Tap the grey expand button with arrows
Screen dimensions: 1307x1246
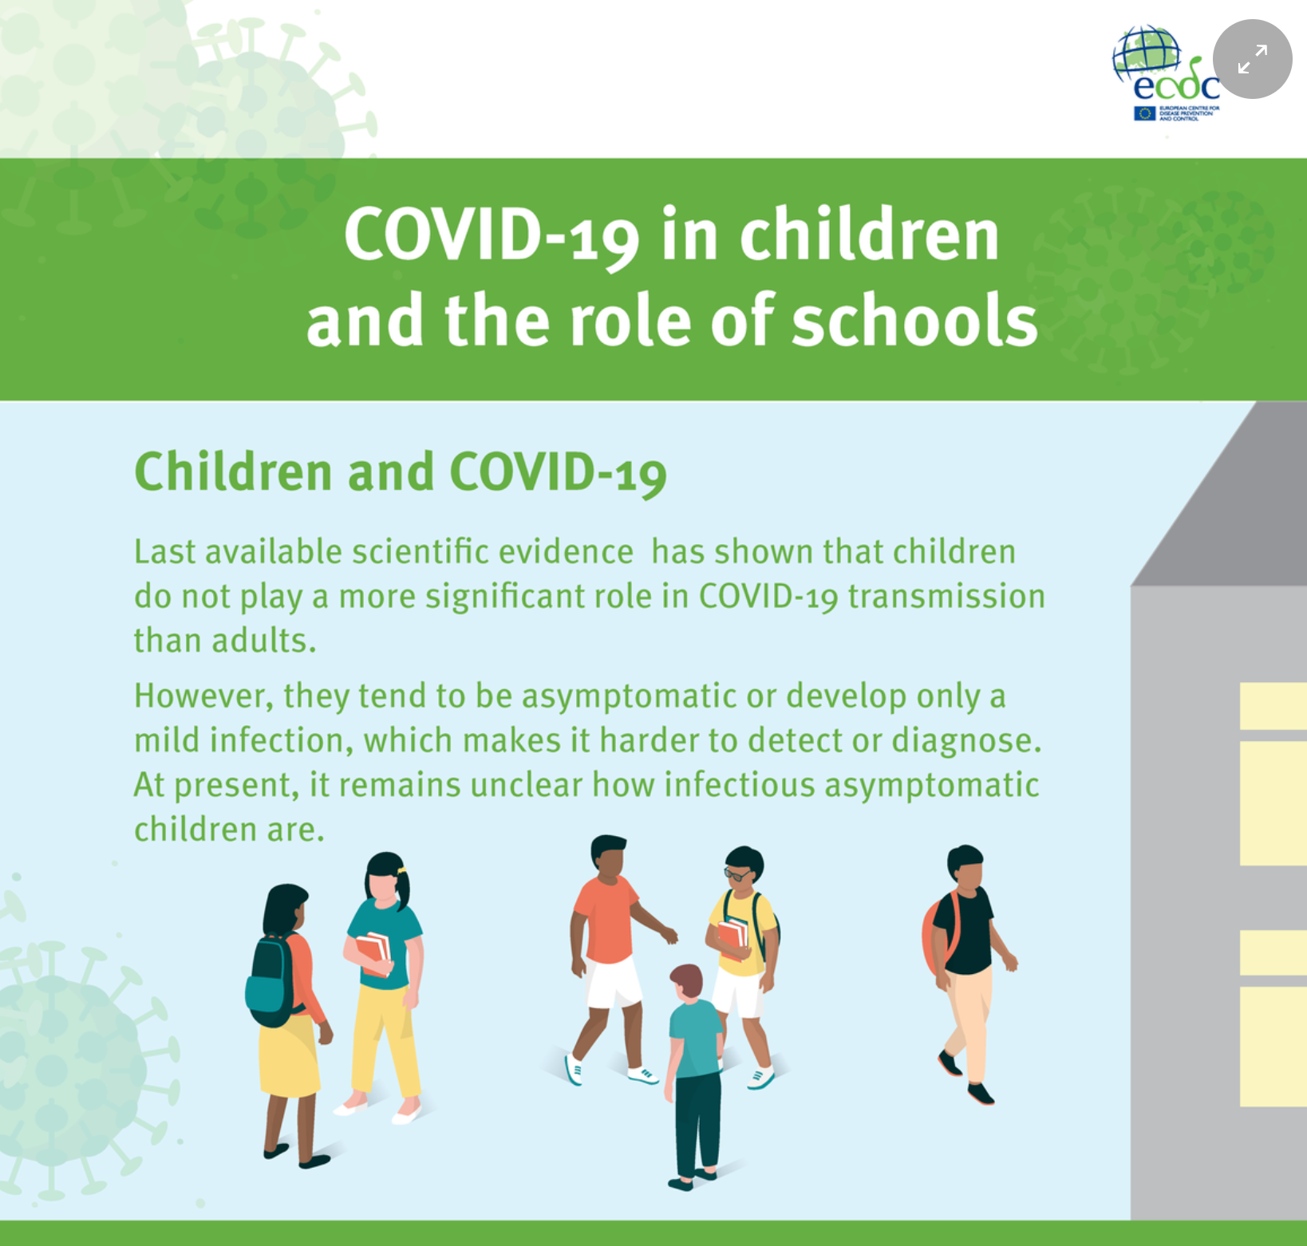1252,59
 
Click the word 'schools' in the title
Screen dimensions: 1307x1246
914,320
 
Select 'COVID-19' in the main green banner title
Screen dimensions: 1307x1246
492,235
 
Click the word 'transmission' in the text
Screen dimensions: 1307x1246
946,596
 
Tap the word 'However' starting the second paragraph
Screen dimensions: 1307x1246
203,696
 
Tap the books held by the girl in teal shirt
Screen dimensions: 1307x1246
373,953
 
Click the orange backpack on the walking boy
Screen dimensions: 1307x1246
939,934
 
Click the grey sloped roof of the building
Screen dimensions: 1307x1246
1221,495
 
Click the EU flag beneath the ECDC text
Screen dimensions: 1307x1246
1145,113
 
